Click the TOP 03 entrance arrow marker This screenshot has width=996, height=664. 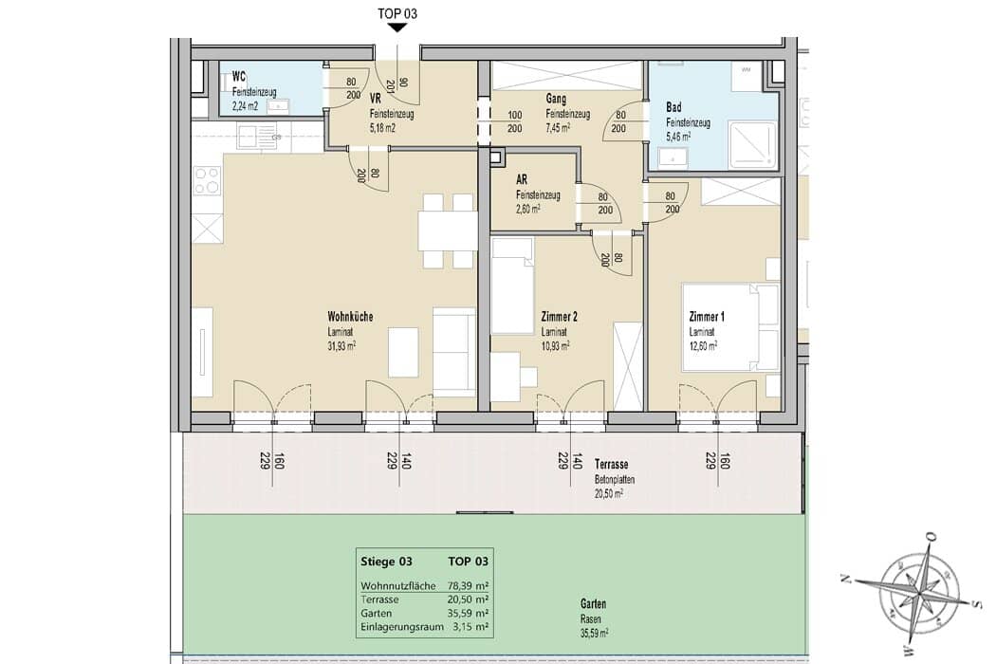point(397,28)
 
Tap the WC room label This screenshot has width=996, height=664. point(239,78)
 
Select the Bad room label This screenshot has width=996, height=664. point(673,107)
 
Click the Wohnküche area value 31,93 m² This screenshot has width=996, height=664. point(341,345)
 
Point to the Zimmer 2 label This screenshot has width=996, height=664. point(559,317)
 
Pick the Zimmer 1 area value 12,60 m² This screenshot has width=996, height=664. point(703,346)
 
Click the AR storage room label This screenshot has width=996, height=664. point(522,180)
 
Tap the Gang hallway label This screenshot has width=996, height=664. point(556,99)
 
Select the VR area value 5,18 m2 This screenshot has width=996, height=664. point(382,128)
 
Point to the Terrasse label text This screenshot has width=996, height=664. point(611,465)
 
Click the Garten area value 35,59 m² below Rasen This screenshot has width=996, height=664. point(594,634)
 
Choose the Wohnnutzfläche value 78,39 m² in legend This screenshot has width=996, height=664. point(469,586)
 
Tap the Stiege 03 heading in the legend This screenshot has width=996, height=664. point(386,561)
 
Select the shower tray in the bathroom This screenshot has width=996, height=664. point(753,145)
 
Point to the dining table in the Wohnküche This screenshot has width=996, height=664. point(447,231)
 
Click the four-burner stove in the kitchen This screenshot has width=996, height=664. point(207,179)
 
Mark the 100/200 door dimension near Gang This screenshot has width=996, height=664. point(514,122)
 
